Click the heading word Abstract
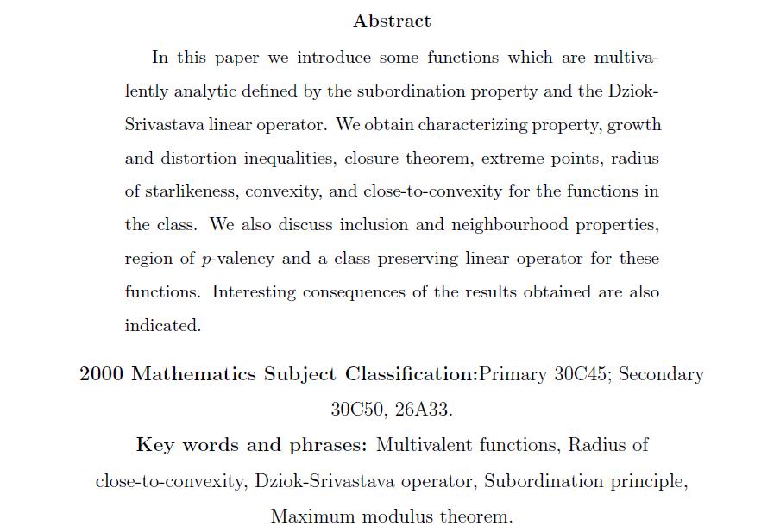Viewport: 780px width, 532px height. [392, 21]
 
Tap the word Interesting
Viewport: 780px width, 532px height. [254, 292]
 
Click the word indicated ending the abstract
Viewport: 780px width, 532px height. [161, 326]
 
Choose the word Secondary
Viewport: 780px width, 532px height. [661, 374]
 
